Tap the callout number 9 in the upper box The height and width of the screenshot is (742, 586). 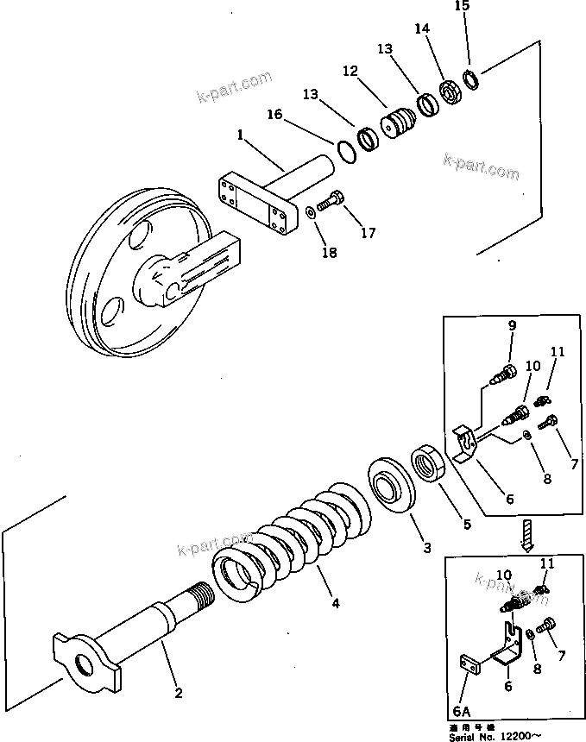512,326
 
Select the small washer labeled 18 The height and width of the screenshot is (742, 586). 310,209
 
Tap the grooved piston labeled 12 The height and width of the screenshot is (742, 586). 398,122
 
